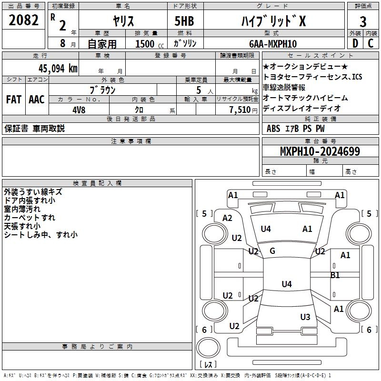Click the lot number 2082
point(23,20)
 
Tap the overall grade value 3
point(363,22)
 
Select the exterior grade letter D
point(355,43)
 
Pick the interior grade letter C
point(371,43)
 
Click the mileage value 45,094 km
point(58,69)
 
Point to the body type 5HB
point(184,21)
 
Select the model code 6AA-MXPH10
point(273,44)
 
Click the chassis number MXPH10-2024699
point(320,151)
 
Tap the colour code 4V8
point(79,110)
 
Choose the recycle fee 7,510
point(240,110)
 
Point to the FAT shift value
point(14,100)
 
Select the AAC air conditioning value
point(37,100)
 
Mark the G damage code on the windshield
point(272,251)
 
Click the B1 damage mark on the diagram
point(335,275)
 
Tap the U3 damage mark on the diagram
point(305,317)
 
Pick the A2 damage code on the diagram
point(228,218)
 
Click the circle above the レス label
point(208,348)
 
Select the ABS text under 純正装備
point(273,129)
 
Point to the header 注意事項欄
point(131,141)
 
